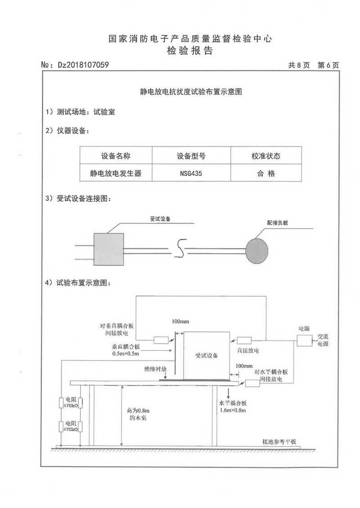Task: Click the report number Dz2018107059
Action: (83, 65)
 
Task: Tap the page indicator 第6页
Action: (328, 65)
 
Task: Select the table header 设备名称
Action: (116, 156)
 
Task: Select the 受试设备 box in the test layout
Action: (207, 355)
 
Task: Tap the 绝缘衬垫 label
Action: (155, 369)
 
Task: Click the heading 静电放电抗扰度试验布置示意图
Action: (191, 92)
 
